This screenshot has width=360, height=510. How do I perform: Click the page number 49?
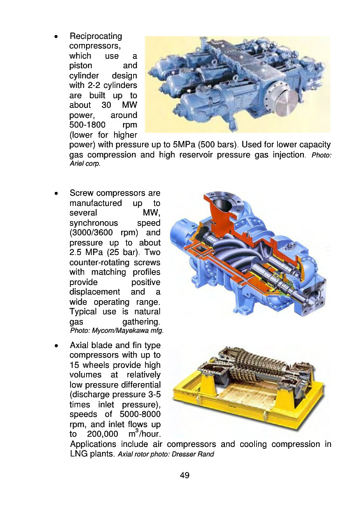point(184,475)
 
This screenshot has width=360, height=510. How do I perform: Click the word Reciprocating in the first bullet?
point(96,36)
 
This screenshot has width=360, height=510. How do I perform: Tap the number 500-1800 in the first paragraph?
point(87,125)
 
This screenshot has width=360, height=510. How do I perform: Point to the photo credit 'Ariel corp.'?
point(85,164)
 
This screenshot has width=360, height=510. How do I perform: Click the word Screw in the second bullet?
point(82,193)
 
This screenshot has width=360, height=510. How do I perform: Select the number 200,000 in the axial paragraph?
point(103,434)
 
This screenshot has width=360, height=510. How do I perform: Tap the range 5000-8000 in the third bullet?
point(140,414)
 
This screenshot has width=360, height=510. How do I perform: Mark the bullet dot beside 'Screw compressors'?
point(57,193)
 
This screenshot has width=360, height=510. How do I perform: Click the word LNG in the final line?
point(78,454)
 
